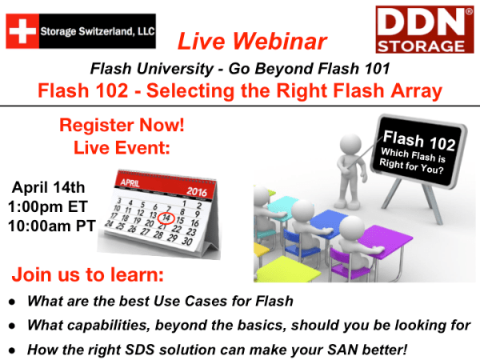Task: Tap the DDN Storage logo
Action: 422,30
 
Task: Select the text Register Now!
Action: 111,126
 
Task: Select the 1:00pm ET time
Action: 49,207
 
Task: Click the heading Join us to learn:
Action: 87,277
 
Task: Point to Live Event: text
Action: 111,147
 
